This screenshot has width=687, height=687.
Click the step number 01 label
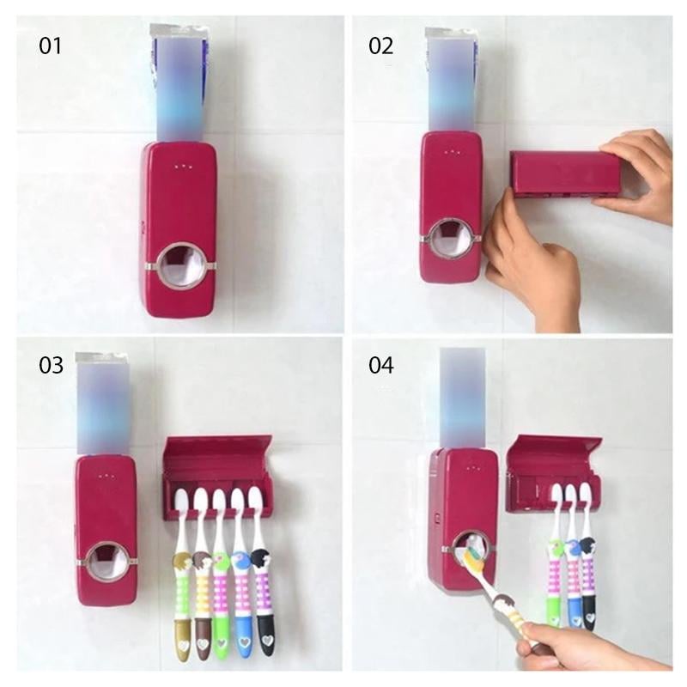click(51, 46)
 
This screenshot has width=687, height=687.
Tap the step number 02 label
click(380, 46)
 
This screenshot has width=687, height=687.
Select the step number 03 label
click(51, 365)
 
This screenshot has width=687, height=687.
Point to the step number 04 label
click(380, 365)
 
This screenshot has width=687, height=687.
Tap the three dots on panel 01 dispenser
click(180, 167)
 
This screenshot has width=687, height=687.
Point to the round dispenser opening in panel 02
click(453, 240)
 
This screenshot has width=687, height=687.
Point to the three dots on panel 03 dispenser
click(106, 476)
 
